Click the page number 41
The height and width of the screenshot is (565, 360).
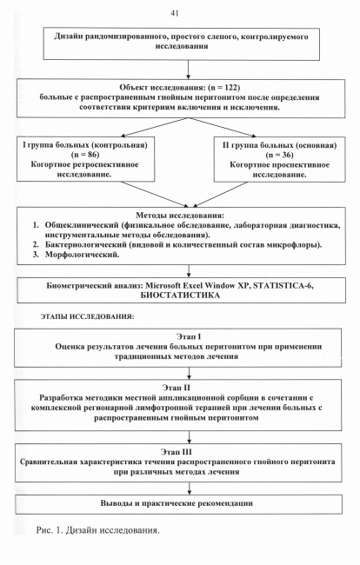coord(175,13)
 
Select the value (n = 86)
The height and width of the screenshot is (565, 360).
coord(86,155)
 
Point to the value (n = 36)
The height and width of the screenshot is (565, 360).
coord(279,156)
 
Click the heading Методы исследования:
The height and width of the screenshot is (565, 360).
coord(180,216)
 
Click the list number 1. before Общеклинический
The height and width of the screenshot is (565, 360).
coord(36,225)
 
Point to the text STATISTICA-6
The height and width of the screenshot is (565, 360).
coord(283,286)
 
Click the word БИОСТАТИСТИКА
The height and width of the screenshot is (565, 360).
coord(180,296)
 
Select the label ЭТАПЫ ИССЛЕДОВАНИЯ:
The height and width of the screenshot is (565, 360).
coord(87,316)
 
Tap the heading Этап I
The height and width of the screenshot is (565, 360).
coord(189,337)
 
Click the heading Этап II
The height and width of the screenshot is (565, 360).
coord(176,388)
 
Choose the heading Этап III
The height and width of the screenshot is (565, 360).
coord(177,452)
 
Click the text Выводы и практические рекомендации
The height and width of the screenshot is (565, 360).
coord(177,503)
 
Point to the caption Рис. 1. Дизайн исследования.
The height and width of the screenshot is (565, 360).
coord(97,530)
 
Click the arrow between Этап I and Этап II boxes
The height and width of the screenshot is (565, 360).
coord(190,373)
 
